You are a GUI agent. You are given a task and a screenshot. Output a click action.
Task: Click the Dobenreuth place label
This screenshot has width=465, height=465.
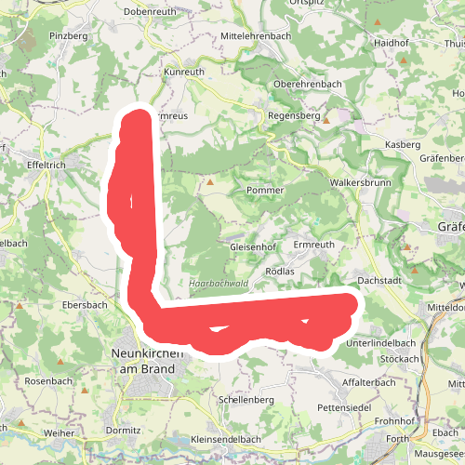tap(150, 11)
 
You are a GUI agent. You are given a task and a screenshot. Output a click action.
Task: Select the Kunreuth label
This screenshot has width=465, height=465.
tap(183, 71)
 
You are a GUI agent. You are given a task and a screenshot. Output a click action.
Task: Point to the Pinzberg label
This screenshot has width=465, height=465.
tap(70, 35)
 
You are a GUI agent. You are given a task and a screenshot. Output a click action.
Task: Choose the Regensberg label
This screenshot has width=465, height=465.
tap(293, 118)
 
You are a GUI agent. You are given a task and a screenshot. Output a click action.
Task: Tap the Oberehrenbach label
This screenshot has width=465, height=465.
tap(308, 84)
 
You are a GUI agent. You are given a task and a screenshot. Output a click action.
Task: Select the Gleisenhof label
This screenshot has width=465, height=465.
tap(254, 247)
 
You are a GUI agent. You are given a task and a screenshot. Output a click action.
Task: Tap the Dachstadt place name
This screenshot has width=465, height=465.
tap(379, 280)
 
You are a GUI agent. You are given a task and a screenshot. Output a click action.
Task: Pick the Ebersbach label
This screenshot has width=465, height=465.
tap(85, 304)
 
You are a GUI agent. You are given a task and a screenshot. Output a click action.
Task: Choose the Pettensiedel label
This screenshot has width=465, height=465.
tap(344, 408)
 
